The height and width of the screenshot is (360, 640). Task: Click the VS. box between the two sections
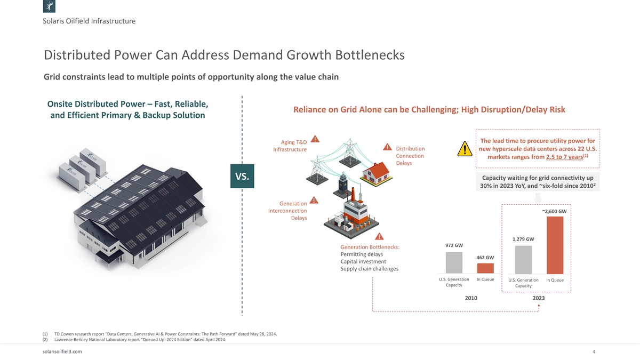pos(242,177)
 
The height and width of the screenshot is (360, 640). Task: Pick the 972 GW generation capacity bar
pos(454,262)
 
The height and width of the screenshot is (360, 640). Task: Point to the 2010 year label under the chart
pos(470,298)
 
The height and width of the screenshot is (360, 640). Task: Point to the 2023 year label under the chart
pos(539,298)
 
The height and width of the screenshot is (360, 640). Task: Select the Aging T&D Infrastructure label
pos(290,146)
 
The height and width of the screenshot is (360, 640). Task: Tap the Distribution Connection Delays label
pos(410,156)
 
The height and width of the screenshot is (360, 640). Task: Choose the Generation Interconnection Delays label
pos(287,211)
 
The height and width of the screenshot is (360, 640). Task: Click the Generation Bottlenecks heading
pos(370,247)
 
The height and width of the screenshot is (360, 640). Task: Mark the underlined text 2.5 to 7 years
pos(564,157)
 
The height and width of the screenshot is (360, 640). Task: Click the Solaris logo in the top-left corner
pos(49,7)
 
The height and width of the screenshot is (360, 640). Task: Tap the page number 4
pos(594,352)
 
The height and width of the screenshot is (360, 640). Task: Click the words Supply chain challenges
pos(369,269)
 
